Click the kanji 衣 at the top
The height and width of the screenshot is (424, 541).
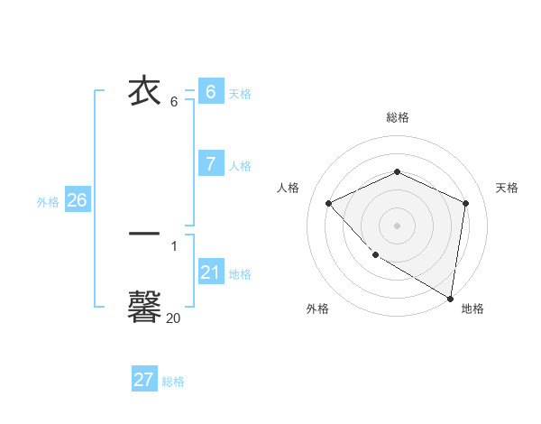point(145,92)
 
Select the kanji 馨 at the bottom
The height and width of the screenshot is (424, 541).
point(145,306)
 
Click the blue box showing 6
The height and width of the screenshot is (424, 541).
point(210,91)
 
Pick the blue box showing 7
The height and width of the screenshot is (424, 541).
point(210,163)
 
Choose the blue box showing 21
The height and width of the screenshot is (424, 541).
point(210,272)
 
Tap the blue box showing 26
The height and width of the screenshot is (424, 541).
point(77,200)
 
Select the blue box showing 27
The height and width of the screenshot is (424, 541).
point(144,380)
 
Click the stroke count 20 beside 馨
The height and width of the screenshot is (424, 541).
point(174,318)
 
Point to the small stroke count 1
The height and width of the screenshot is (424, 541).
point(174,245)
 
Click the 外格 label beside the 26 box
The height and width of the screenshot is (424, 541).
point(48,202)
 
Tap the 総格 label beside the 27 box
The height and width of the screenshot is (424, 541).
point(173,382)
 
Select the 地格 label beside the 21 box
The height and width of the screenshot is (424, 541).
point(240,274)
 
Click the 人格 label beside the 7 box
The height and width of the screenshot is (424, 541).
point(240,166)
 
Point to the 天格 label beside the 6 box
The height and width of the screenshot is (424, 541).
point(240,94)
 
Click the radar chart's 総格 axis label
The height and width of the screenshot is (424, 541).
point(397,117)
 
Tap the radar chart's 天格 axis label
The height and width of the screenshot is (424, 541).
point(507,188)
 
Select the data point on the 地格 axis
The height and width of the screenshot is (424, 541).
point(450,298)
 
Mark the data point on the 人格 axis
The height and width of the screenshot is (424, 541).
point(329,203)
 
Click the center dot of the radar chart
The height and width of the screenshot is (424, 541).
point(397,225)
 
